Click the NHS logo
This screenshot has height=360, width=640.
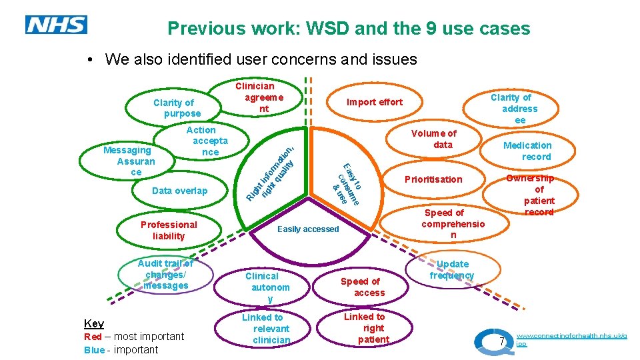(x=56, y=25)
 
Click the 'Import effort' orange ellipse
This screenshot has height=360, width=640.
(x=374, y=102)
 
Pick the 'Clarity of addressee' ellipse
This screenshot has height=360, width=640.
(x=519, y=108)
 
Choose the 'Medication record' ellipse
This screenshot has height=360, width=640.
(x=527, y=151)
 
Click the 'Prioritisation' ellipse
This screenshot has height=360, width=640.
(x=433, y=179)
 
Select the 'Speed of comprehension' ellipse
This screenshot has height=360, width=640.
(x=453, y=224)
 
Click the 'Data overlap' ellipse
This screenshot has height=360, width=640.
(x=179, y=191)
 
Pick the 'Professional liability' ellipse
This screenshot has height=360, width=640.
(x=169, y=231)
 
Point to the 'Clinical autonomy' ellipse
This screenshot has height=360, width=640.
(x=267, y=287)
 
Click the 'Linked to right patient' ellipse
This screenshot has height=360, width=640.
(x=365, y=328)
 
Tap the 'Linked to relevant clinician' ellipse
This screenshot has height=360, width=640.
(x=267, y=329)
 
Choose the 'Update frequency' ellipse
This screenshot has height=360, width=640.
(x=451, y=270)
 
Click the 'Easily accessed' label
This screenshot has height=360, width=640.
(x=308, y=229)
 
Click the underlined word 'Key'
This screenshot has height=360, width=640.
(x=94, y=324)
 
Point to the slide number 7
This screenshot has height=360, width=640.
(x=503, y=342)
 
